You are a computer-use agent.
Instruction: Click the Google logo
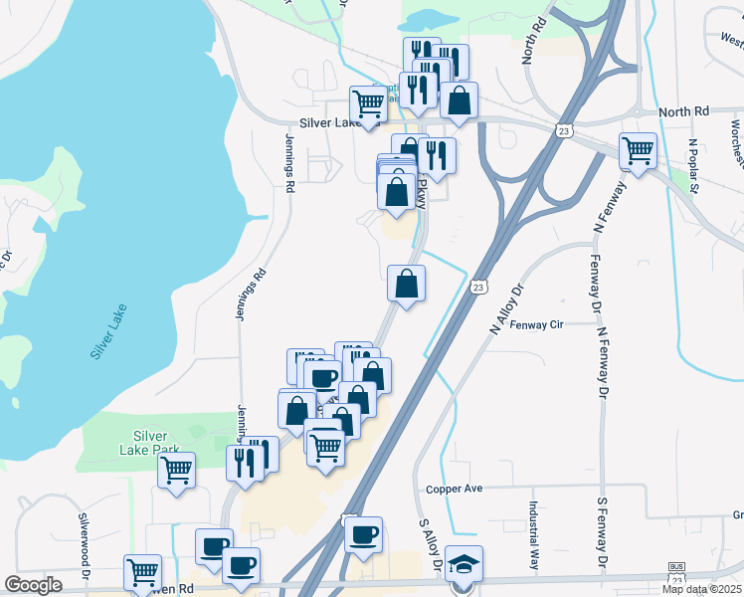point(33,585)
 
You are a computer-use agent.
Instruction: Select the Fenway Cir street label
point(536,324)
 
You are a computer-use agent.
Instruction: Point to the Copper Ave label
point(454,489)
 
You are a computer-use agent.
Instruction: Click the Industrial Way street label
point(534,533)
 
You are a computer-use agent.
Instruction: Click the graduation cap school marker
point(464,564)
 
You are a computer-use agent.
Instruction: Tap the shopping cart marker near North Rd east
point(638,152)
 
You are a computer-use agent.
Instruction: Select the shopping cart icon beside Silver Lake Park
point(176,472)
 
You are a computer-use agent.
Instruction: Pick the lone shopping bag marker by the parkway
point(406,285)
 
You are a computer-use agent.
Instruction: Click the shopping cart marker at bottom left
point(142,573)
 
